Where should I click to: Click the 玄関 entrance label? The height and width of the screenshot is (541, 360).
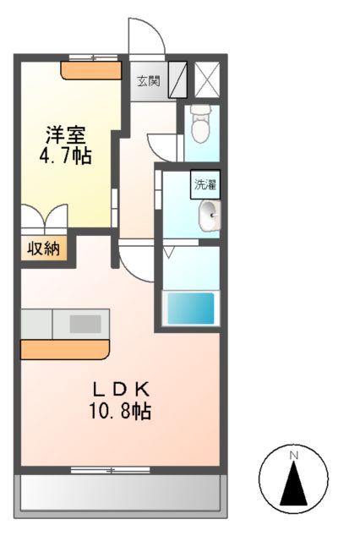(148, 81)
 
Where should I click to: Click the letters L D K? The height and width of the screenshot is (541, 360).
(121, 390)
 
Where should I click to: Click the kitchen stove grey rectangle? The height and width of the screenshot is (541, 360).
(84, 323)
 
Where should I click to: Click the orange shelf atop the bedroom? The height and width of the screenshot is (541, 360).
(91, 70)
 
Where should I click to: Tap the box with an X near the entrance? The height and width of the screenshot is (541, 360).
(206, 79)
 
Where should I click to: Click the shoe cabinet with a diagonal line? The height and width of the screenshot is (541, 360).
(178, 79)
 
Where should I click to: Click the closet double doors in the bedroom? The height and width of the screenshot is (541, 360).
(43, 217)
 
